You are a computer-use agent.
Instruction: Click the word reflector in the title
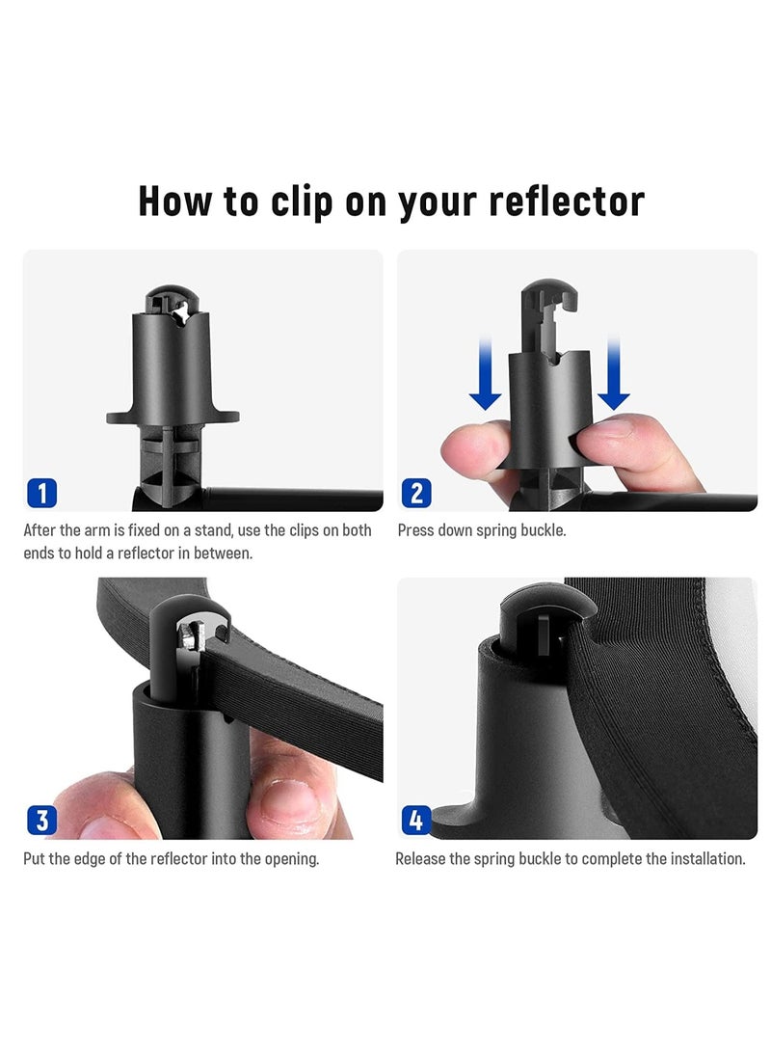567,201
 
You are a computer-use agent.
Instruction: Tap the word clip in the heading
301,202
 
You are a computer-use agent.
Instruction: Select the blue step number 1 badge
41,493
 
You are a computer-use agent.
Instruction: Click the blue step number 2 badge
415,493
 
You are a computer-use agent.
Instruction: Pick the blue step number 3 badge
41,820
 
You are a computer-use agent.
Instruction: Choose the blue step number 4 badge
415,820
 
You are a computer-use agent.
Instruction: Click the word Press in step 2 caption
415,530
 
